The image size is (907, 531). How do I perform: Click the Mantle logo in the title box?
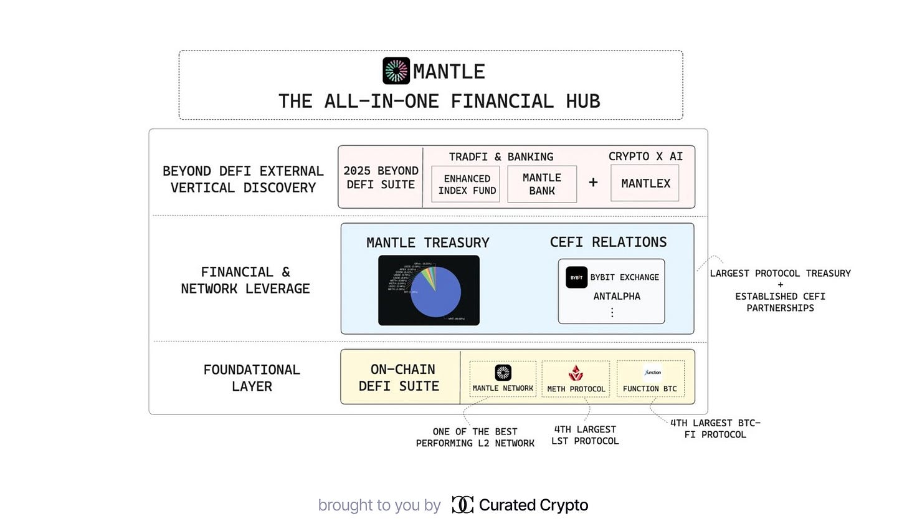point(396,71)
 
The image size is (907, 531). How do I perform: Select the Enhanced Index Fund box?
point(467,184)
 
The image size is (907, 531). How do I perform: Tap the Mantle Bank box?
point(542,184)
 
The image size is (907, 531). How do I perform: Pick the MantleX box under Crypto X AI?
point(645,183)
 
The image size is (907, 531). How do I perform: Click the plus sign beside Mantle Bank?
point(593,182)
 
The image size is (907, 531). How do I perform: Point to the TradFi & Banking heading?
point(501,156)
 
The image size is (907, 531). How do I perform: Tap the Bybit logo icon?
point(577,277)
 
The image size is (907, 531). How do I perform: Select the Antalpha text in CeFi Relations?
point(617,296)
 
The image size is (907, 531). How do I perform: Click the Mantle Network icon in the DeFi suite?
point(503,373)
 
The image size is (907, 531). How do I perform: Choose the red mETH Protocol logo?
point(576,373)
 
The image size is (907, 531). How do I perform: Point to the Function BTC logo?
point(652,373)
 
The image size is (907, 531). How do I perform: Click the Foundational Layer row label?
point(252,378)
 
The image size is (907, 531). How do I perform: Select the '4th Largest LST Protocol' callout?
point(585,435)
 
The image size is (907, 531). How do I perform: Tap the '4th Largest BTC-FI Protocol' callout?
point(715,429)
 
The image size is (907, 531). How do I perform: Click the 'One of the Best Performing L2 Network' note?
point(475,438)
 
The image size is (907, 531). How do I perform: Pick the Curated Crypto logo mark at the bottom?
point(462,505)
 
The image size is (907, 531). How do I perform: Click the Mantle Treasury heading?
point(428,242)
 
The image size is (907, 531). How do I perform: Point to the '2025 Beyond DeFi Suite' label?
point(381,178)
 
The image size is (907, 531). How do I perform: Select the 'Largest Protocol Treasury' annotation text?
point(780,274)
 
